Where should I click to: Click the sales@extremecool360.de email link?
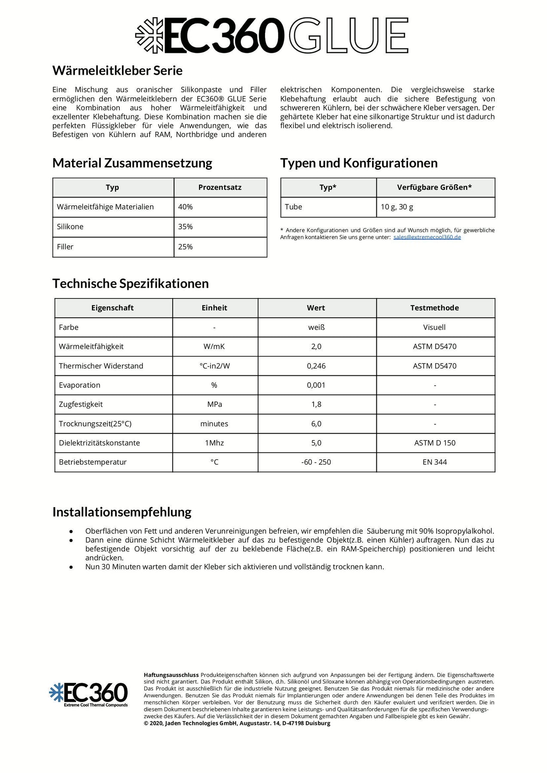(x=427, y=237)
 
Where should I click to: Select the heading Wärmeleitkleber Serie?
(x=117, y=70)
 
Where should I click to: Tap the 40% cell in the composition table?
(x=186, y=207)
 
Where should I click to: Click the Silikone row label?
(x=70, y=227)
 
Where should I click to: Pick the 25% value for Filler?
(x=186, y=247)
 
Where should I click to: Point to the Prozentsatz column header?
(x=220, y=187)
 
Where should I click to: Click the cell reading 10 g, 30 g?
(x=397, y=207)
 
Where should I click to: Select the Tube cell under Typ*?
(x=293, y=207)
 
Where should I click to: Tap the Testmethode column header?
(x=434, y=308)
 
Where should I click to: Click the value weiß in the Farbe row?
(x=316, y=327)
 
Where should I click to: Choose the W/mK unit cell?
(x=214, y=347)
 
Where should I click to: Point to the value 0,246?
(x=316, y=366)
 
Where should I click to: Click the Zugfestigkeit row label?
(x=81, y=405)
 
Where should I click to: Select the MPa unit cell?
(x=214, y=405)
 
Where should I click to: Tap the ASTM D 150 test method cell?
(x=434, y=443)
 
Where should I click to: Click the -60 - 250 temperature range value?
(x=316, y=462)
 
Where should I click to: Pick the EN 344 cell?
(x=434, y=462)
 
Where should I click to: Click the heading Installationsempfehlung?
(x=122, y=512)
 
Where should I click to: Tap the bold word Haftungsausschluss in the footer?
(x=171, y=675)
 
